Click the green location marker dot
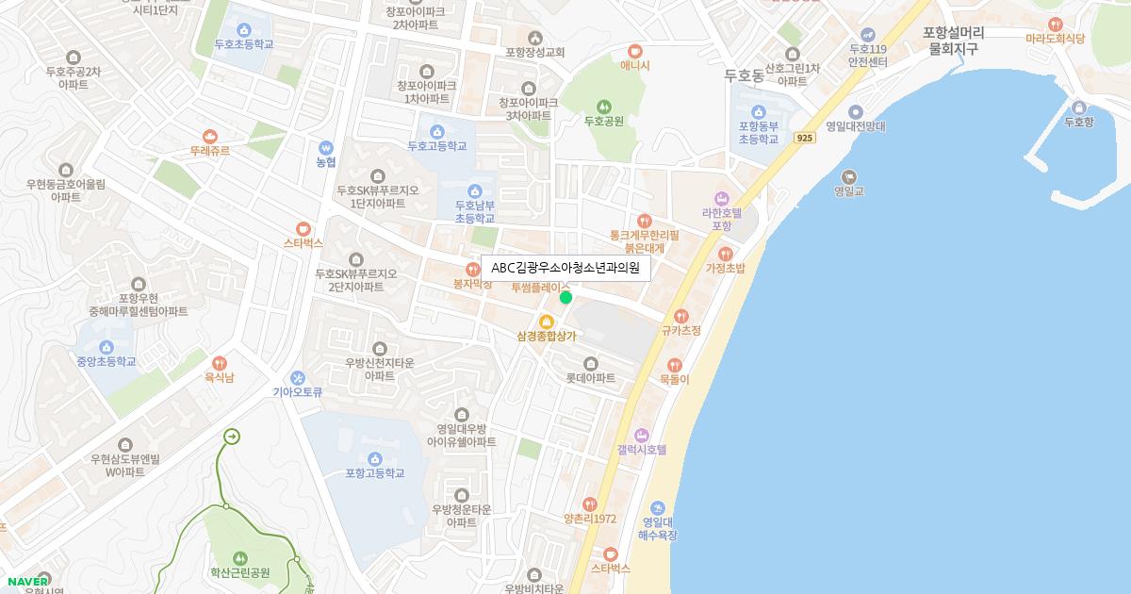(x=565, y=298)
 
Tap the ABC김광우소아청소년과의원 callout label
(x=565, y=268)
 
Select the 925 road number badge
(x=804, y=138)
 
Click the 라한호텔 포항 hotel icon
(x=723, y=198)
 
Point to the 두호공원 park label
(x=604, y=121)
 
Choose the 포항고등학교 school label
(x=375, y=473)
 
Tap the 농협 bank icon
(x=326, y=147)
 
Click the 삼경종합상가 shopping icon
(x=546, y=322)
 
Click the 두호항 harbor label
(x=1078, y=122)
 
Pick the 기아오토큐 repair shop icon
(x=298, y=378)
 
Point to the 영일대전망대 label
(x=855, y=126)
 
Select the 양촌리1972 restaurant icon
(x=590, y=503)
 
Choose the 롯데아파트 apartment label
(x=590, y=378)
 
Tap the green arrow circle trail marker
(x=231, y=437)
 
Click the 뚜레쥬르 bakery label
(x=209, y=151)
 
